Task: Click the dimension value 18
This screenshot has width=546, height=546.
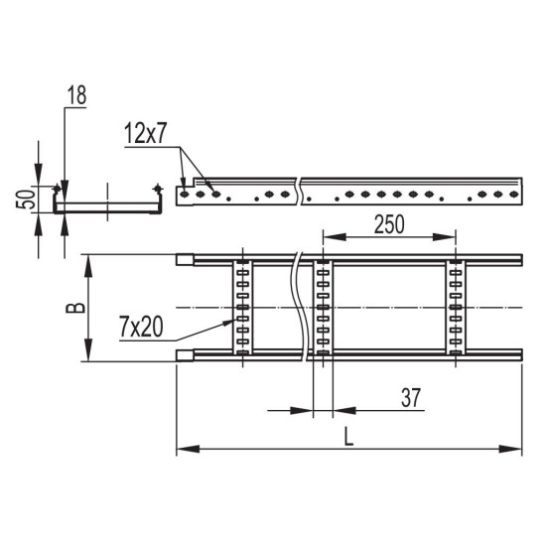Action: [x=76, y=95]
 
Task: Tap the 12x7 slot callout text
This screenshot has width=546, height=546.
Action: [x=146, y=134]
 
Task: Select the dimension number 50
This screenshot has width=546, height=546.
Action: [x=27, y=200]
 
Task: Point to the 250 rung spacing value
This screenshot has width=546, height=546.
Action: [x=389, y=224]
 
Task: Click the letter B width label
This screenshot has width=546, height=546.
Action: [x=75, y=308]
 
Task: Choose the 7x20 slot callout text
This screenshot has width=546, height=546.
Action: [x=141, y=328]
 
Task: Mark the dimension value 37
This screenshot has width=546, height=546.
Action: [x=411, y=398]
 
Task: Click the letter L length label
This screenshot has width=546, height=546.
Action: [x=348, y=437]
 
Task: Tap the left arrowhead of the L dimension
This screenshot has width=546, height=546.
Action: [x=188, y=449]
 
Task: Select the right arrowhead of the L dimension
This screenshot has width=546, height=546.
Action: [x=510, y=449]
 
